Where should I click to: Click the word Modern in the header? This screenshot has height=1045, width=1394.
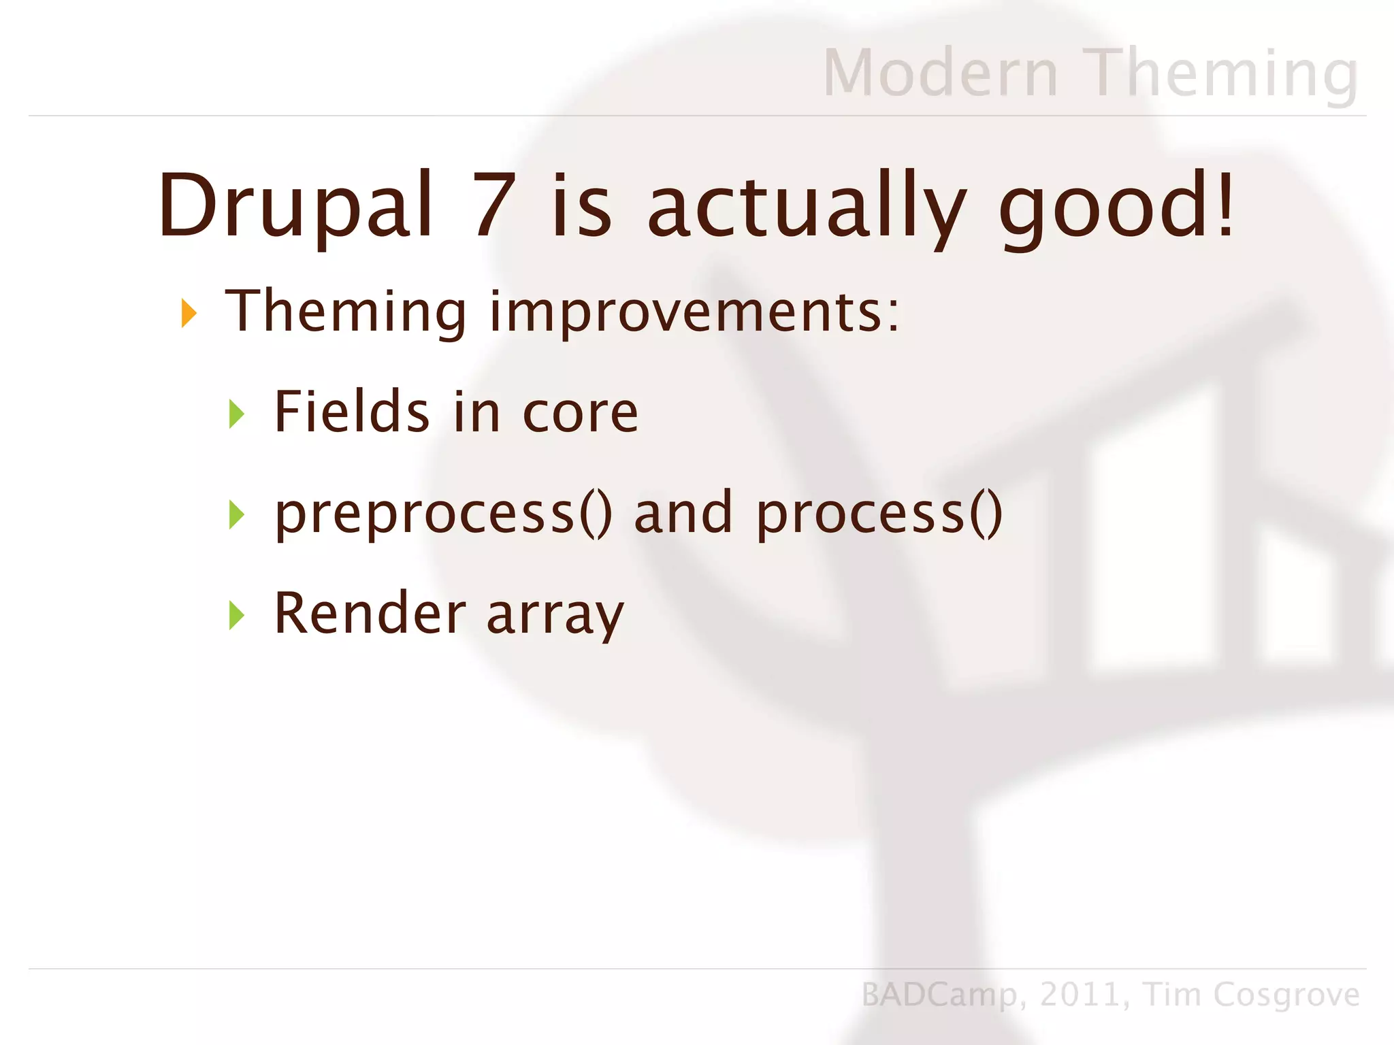point(941,73)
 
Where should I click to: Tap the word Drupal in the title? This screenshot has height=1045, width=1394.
point(295,206)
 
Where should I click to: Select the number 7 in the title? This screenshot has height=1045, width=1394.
point(495,206)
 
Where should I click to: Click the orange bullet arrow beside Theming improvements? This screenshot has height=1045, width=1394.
point(189,313)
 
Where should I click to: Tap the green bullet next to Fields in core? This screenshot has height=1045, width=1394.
point(236,414)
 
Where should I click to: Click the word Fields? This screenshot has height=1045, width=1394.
point(351,412)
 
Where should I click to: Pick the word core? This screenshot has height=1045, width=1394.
point(580,414)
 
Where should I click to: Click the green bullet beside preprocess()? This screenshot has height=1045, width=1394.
point(236,514)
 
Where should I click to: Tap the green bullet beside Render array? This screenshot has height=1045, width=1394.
point(236,615)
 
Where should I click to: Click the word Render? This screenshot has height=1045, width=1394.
point(370,614)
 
